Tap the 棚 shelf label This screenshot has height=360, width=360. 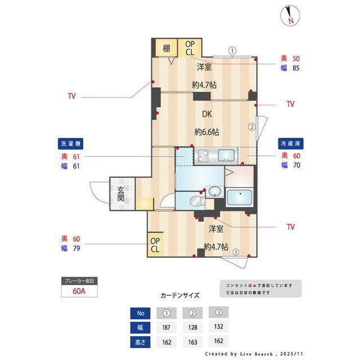pos(166,48)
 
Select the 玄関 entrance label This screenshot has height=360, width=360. pos(121,194)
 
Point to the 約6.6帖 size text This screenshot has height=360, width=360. pos(207,132)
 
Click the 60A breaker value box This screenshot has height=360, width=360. pos(79,291)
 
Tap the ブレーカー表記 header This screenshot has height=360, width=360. pos(79,280)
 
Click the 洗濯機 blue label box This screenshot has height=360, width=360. pos(71,143)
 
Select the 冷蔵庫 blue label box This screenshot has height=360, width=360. pos(291,143)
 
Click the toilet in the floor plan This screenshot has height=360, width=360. pos(195,201)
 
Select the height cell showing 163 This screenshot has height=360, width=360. pos(193,341)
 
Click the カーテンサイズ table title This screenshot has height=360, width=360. pos(180,295)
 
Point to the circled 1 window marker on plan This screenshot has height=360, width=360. pos(231,50)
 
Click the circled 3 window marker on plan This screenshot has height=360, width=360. pos(236,252)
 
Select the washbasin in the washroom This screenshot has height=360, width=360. pos(214,192)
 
